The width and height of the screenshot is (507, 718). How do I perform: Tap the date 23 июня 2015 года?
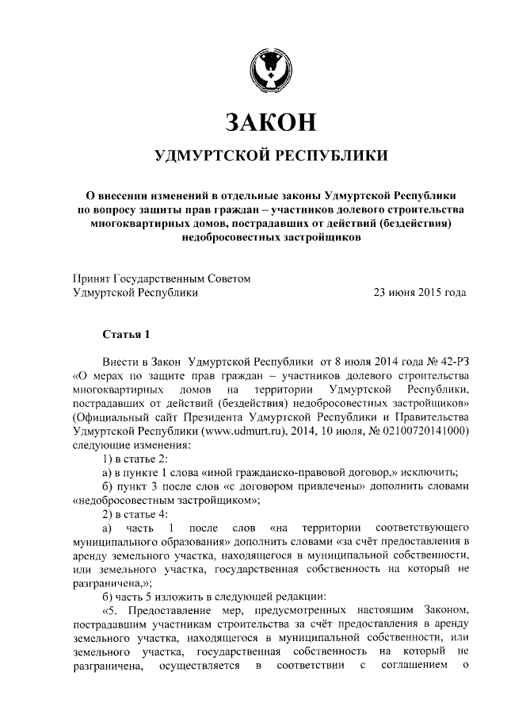point(420,292)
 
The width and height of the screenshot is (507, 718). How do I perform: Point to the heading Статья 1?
point(125,333)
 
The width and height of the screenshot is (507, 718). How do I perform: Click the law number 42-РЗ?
point(450,360)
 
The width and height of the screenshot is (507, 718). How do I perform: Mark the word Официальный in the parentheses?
point(109,417)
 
